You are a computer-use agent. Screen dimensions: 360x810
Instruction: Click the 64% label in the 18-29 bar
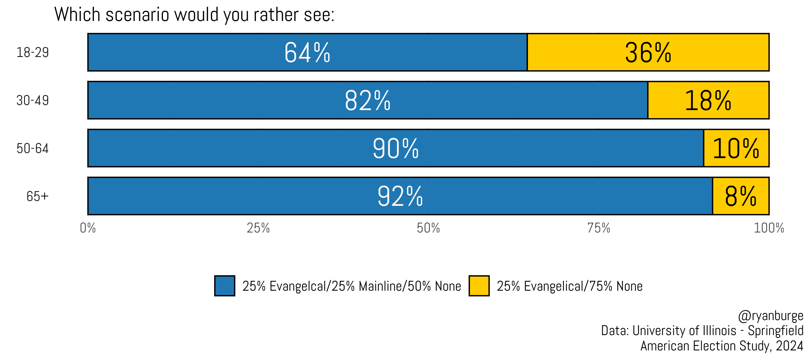click(x=307, y=52)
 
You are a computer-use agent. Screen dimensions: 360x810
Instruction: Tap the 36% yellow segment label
click(x=648, y=52)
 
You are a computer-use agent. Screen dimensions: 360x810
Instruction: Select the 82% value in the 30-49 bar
click(x=367, y=100)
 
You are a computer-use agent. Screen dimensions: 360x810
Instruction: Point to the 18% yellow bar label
click(x=708, y=100)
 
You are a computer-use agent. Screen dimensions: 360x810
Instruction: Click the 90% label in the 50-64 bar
click(x=396, y=148)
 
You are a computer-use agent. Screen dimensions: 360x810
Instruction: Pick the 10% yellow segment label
click(x=736, y=148)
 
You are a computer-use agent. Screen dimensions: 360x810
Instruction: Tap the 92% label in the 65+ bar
click(x=400, y=196)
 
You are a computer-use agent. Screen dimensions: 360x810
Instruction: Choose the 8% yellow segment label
click(x=740, y=196)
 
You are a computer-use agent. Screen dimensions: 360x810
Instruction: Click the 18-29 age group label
click(x=33, y=52)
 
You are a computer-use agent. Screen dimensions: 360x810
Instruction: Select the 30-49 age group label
click(x=33, y=100)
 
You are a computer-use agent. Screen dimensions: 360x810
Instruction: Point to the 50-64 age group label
click(x=33, y=148)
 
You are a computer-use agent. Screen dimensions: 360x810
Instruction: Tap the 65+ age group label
click(x=37, y=196)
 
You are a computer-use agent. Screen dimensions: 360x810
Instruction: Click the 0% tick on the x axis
click(x=88, y=228)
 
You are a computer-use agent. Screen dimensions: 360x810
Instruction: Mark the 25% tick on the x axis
click(x=258, y=228)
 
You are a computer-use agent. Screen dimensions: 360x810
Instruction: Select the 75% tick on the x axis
click(x=599, y=228)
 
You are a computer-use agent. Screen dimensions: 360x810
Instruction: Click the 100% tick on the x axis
click(x=769, y=228)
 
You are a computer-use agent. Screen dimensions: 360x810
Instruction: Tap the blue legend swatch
click(x=224, y=286)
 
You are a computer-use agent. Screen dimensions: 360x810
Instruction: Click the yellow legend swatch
click(x=479, y=286)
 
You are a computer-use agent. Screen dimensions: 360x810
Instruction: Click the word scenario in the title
click(x=137, y=15)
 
